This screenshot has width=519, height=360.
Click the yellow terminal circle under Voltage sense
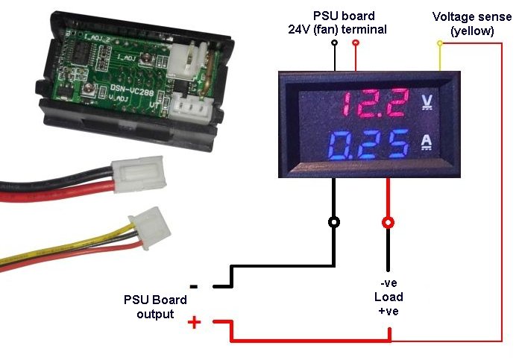tap(440, 43)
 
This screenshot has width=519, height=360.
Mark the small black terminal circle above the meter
tap(335, 43)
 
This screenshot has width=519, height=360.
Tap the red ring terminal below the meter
tap(388, 221)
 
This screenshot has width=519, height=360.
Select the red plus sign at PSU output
tap(194, 322)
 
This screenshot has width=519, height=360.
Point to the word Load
tap(388, 297)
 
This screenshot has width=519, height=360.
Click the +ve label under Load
tap(388, 311)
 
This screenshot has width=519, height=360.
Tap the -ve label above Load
tap(388, 284)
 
